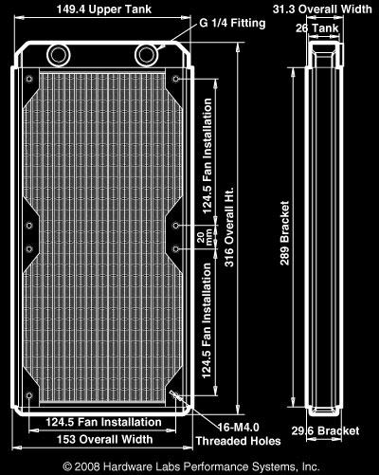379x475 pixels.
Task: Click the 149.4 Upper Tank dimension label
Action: [x=104, y=9]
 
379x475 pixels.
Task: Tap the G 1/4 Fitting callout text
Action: [x=232, y=23]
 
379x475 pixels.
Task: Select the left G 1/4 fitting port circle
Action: [x=59, y=55]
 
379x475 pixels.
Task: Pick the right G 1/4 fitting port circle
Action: [x=147, y=55]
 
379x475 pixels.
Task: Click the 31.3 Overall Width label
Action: [x=322, y=9]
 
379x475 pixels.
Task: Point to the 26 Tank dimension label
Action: [x=317, y=28]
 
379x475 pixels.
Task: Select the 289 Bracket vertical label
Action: [x=284, y=233]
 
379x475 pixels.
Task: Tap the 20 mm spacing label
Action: [x=205, y=239]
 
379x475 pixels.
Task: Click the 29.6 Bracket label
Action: [x=325, y=430]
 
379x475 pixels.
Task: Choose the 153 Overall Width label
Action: [x=104, y=439]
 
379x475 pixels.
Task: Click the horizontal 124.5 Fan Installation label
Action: [x=104, y=422]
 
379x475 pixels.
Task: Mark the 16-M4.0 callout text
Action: [x=239, y=428]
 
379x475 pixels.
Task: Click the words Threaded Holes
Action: [x=239, y=441]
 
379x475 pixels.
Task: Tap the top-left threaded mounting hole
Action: [x=29, y=79]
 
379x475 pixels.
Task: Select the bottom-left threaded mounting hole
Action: [x=29, y=395]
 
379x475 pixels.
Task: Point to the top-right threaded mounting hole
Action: [x=176, y=79]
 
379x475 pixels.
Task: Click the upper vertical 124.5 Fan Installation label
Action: [x=208, y=156]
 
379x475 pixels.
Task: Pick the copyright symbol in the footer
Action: [x=67, y=466]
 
